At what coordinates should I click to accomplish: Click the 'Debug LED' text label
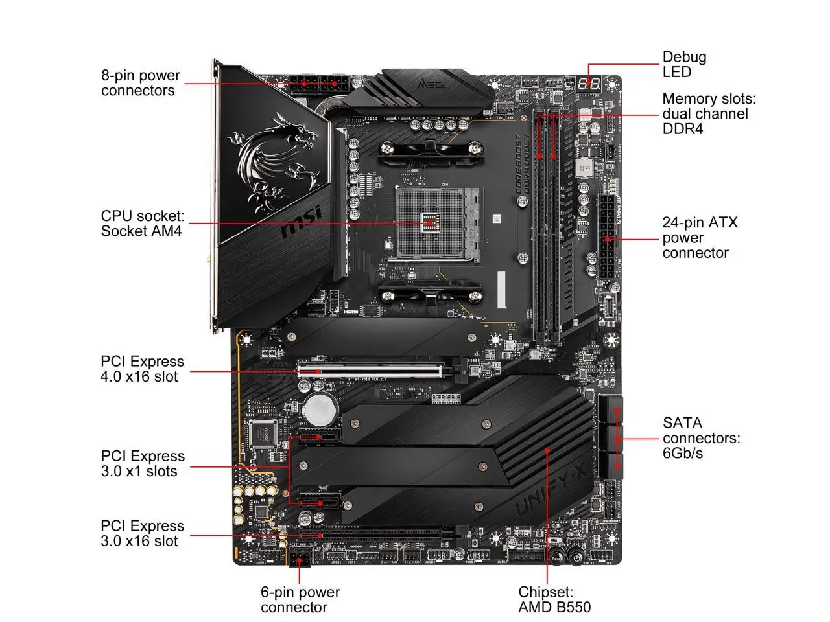[x=684, y=65]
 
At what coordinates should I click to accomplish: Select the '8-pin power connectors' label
[x=140, y=83]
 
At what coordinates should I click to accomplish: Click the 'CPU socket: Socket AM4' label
[x=142, y=224]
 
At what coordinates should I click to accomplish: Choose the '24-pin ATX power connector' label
[x=699, y=238]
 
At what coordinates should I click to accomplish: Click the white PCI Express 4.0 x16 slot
[x=370, y=371]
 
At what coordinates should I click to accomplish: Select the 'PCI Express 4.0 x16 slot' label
[x=142, y=369]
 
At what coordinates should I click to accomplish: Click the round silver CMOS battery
[x=319, y=409]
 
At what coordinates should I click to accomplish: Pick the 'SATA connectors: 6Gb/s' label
[x=700, y=438]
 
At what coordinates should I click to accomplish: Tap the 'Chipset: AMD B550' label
[x=554, y=599]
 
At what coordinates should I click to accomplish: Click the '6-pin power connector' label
[x=300, y=599]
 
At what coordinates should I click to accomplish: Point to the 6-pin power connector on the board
[x=300, y=557]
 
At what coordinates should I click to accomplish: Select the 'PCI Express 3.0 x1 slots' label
[x=142, y=464]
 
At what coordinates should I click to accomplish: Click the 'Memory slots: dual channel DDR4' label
[x=708, y=114]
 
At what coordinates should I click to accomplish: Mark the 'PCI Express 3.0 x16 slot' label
[x=142, y=534]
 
